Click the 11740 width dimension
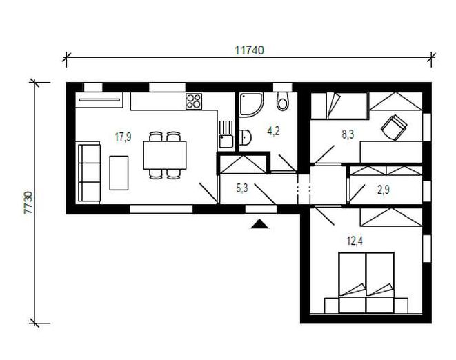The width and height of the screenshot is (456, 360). (x=249, y=50)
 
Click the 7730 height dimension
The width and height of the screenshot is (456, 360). (x=28, y=203)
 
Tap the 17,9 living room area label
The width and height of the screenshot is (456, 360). (x=123, y=137)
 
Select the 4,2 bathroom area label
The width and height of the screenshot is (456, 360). (x=273, y=131)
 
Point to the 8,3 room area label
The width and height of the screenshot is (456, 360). (x=348, y=134)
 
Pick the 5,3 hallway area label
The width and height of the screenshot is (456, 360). (x=242, y=188)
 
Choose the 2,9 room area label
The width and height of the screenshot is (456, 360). (x=384, y=190)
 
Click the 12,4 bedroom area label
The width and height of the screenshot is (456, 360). (x=355, y=241)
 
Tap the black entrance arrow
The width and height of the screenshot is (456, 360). (x=259, y=224)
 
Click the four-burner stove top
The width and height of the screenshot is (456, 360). (x=194, y=101)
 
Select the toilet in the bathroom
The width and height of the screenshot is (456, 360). (x=282, y=101)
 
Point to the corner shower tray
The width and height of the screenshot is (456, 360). (x=251, y=105)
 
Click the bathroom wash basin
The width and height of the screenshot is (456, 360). (x=245, y=137)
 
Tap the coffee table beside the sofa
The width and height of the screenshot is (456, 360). (x=119, y=173)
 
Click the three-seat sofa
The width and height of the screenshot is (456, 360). (x=88, y=172)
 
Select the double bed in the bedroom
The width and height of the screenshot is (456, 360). (x=366, y=283)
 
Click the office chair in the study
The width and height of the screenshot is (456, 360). (x=394, y=126)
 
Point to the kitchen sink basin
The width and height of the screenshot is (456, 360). (x=226, y=141)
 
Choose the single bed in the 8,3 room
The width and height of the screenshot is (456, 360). (x=339, y=106)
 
